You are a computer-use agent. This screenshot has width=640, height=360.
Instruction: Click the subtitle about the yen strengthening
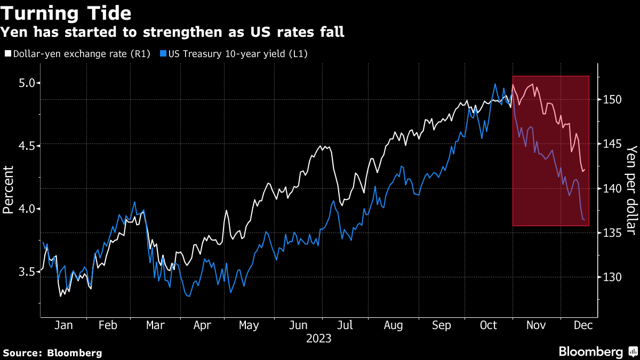172,33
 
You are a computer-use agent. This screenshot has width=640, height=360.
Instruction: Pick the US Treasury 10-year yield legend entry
237,54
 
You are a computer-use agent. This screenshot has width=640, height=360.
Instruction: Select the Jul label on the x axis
345,325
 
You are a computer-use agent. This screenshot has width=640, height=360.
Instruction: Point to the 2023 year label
319,338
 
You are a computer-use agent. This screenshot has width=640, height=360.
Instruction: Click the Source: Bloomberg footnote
52,353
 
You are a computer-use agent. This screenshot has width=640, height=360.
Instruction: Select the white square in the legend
8,54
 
